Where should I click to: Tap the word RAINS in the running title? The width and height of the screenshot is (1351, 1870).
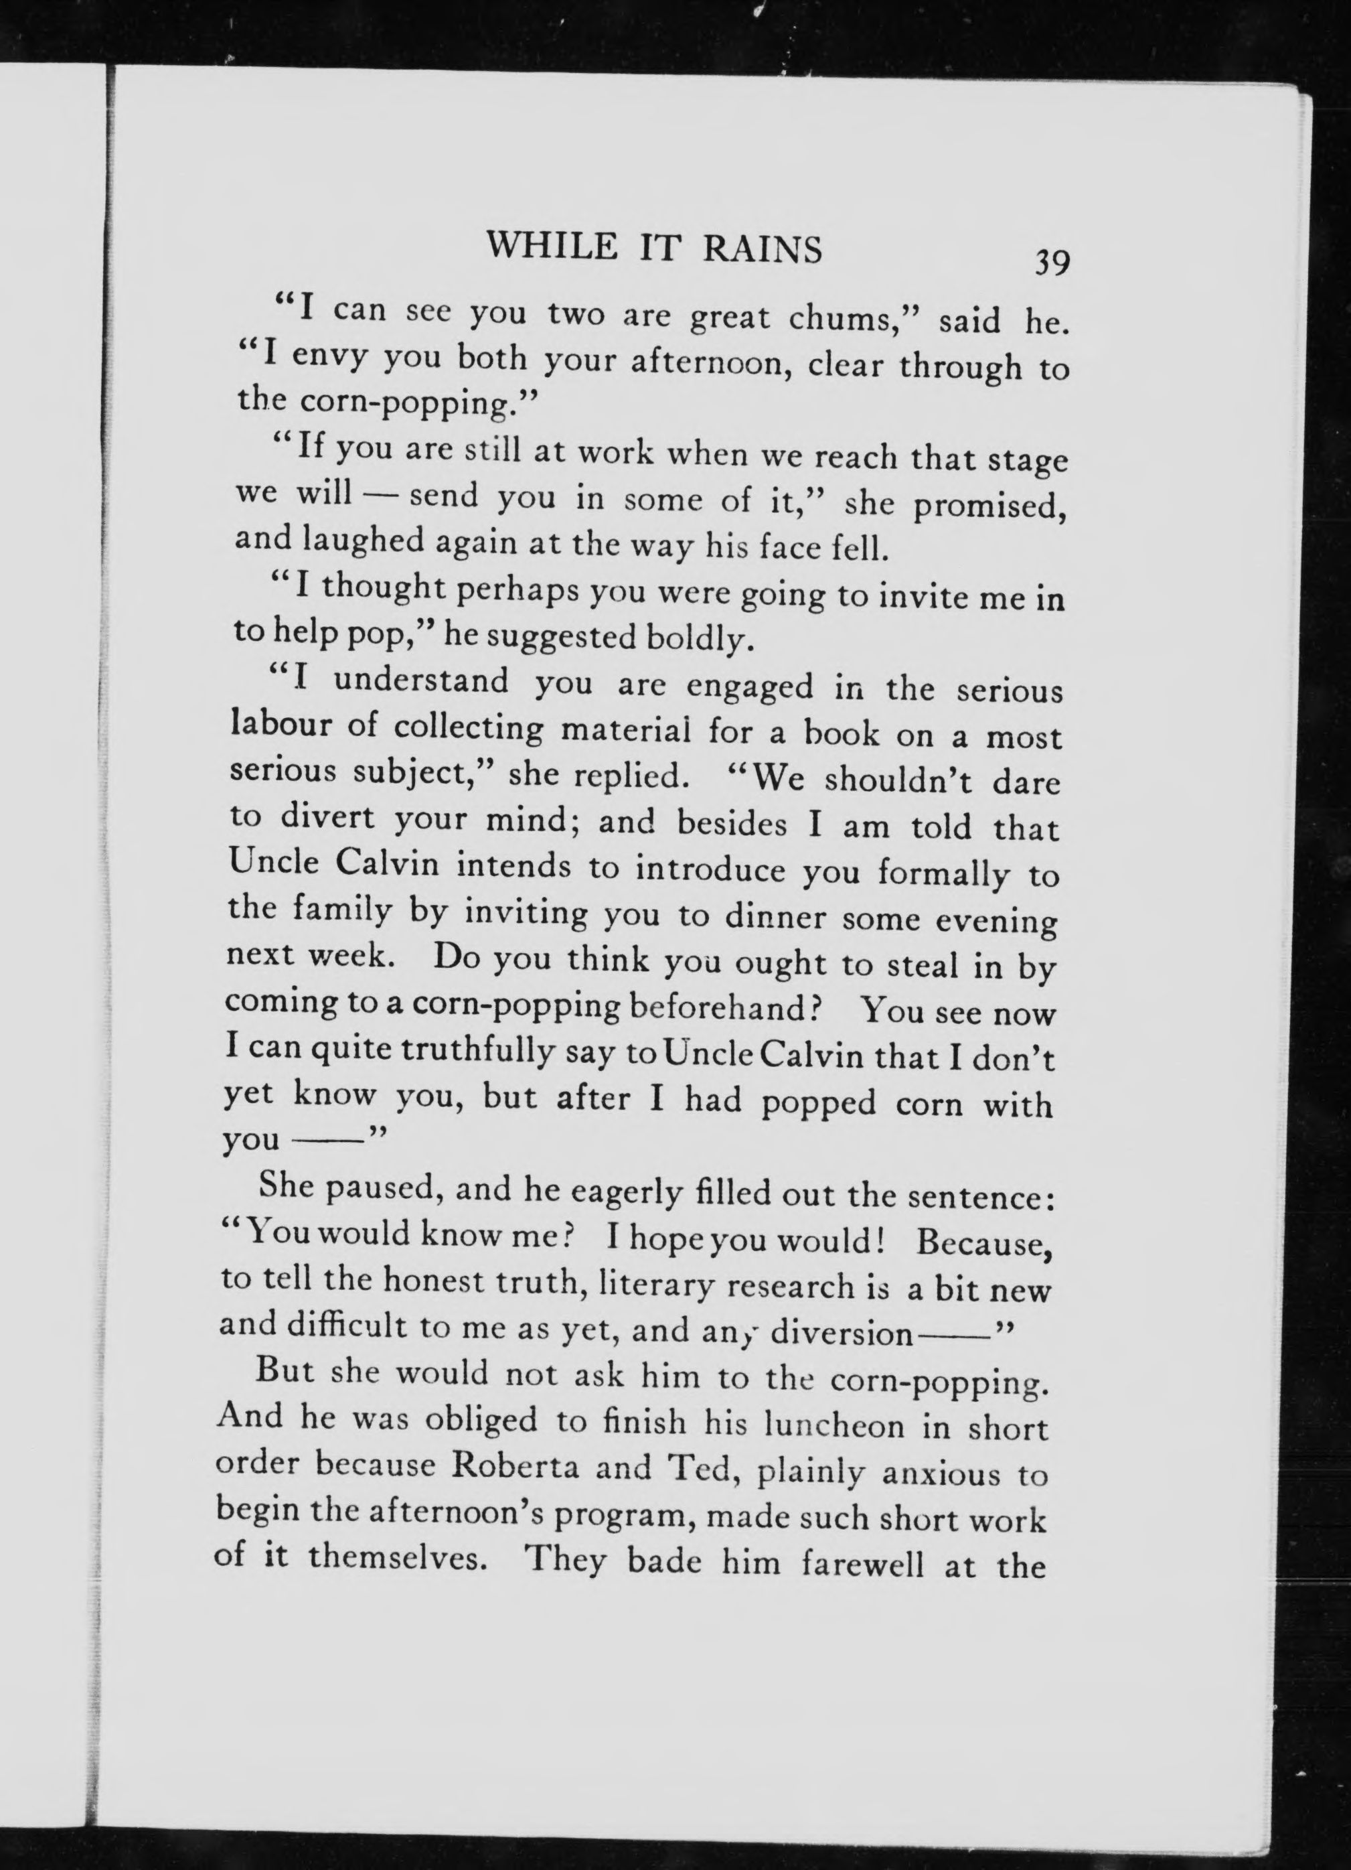[763, 249]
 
